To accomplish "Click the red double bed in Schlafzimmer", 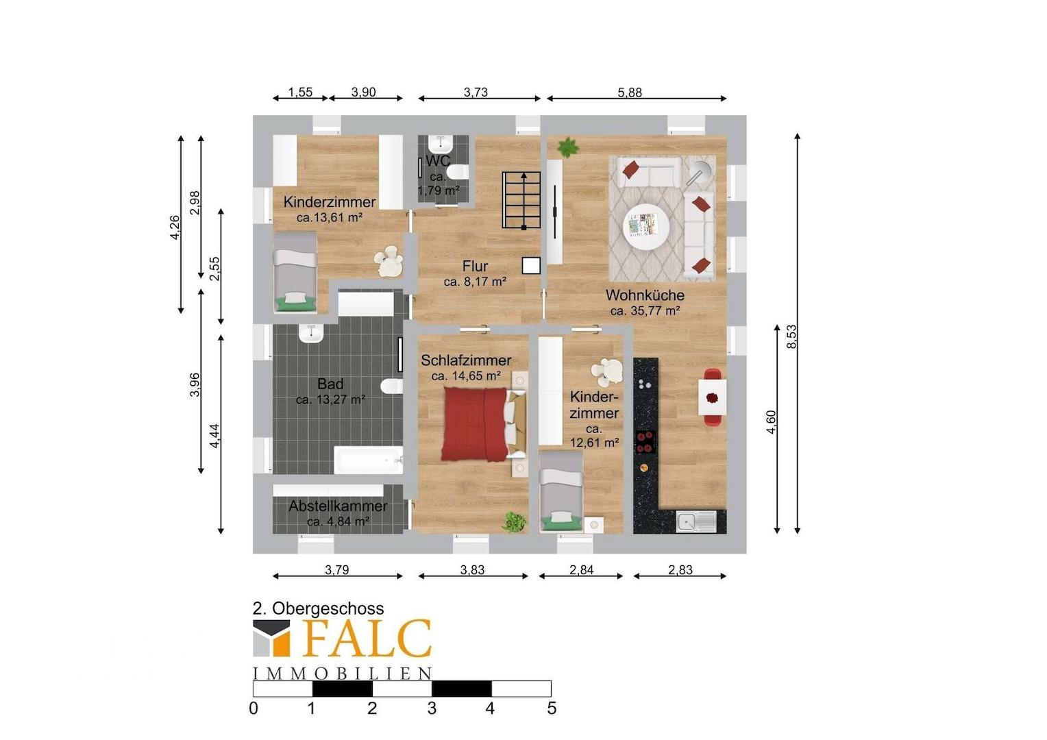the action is coord(484,423).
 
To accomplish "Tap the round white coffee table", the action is coord(646,228).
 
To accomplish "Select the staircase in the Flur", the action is coord(521,199).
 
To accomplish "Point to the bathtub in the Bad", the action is coord(369,460).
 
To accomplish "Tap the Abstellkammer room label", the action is coord(338,506).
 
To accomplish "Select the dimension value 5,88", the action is coord(630,92).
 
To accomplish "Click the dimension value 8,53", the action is coord(791,336).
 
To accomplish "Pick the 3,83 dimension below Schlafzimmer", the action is coord(472,570).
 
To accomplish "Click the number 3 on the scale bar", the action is coord(432,708).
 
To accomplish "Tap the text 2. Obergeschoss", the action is coord(319,608).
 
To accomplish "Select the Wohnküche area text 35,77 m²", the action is coord(645,310).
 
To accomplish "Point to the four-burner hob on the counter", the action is coord(645,442).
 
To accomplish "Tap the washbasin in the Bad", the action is coord(311,334).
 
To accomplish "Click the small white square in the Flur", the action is coord(531,266).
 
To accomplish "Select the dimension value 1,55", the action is coord(300,92).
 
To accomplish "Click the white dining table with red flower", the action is coord(713,397).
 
